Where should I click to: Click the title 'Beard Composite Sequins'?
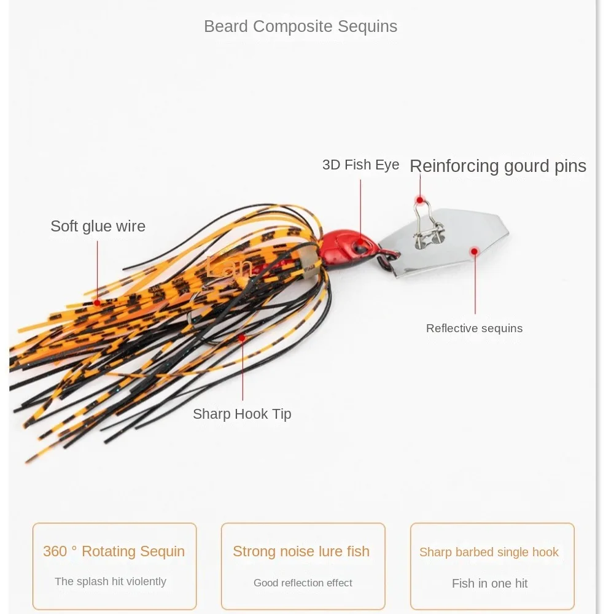pos(300,26)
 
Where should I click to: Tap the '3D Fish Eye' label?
pos(360,165)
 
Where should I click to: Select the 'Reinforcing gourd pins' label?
pos(497,166)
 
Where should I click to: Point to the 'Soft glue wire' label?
pos(98,226)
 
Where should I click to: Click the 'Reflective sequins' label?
pos(474,328)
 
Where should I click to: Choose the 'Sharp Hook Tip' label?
pos(242,414)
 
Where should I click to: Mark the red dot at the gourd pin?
pos(420,200)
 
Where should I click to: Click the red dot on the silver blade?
pos(474,251)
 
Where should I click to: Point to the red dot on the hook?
pos(243,338)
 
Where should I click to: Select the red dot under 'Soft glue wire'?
pos(97,303)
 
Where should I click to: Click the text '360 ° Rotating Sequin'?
pos(114,551)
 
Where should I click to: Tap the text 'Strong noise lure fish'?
pos(301,551)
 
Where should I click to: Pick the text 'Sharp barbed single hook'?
pos(489,552)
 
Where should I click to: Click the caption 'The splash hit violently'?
pos(111,581)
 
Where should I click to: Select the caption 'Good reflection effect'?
pos(303,583)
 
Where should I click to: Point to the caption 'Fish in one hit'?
pos(489,583)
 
